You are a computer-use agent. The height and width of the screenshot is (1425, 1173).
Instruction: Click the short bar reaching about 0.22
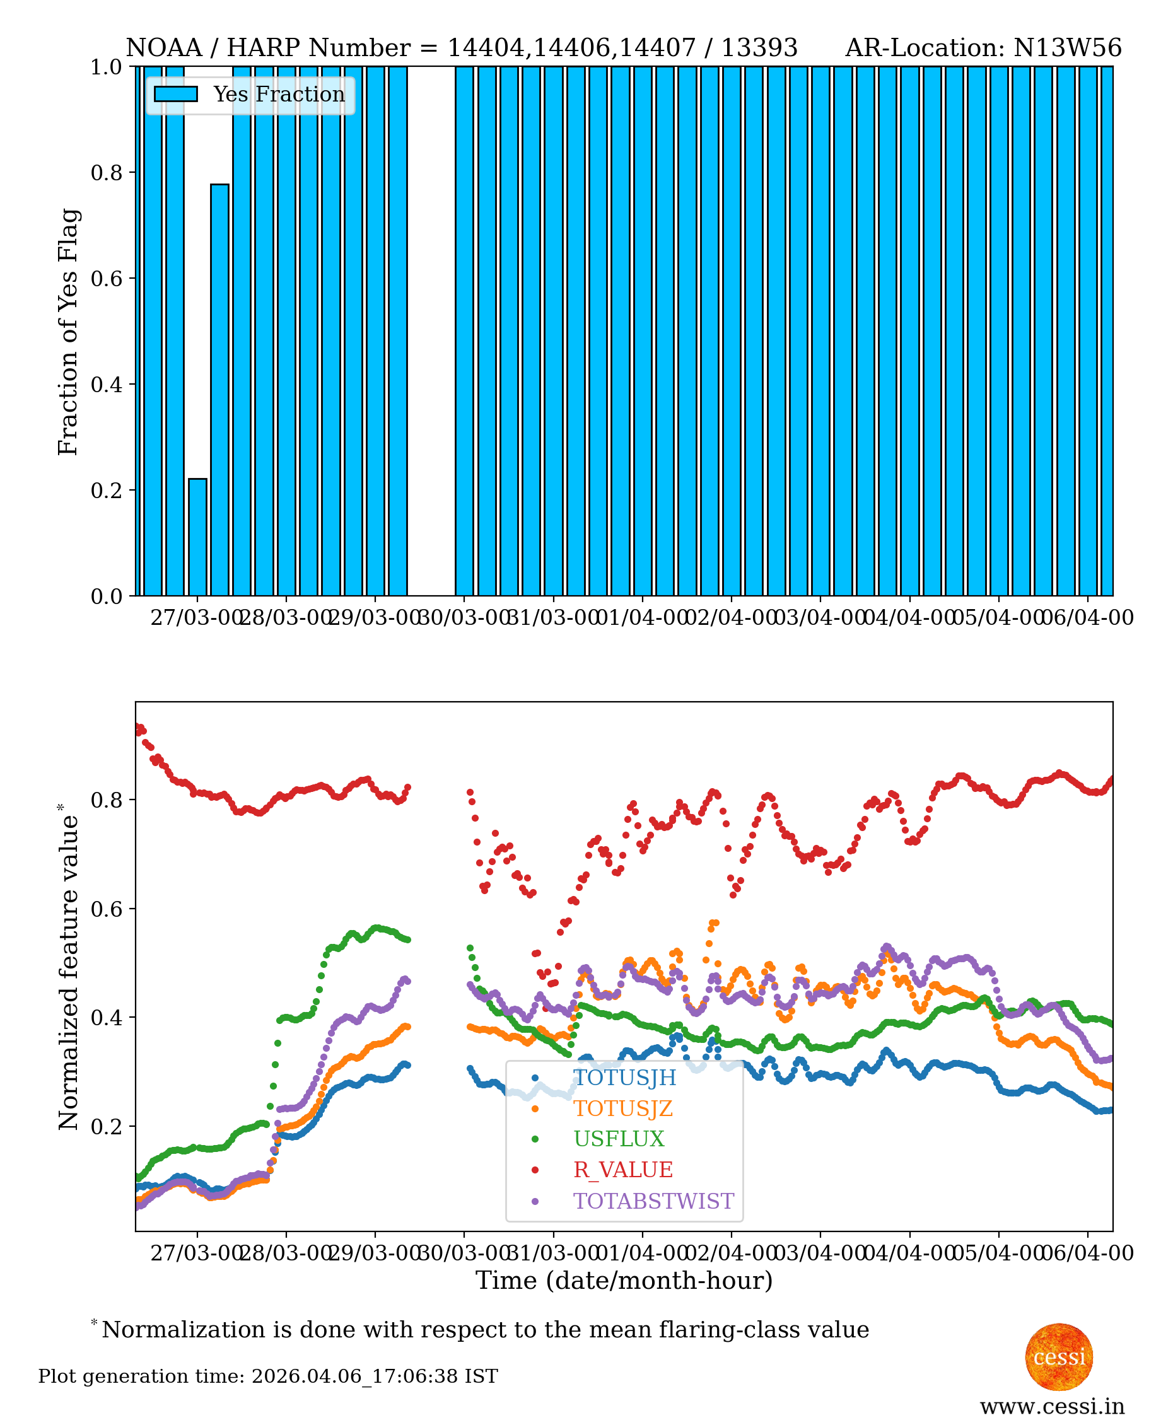[x=197, y=537]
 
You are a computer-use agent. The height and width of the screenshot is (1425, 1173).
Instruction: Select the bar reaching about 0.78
[x=219, y=389]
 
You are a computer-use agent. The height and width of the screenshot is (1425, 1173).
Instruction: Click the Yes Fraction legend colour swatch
[x=176, y=94]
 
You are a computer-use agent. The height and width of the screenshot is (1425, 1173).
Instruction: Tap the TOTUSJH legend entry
[x=624, y=1077]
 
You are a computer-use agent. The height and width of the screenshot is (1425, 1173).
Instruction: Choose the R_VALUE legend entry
[x=622, y=1169]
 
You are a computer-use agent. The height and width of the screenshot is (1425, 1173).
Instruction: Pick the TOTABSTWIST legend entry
[x=653, y=1201]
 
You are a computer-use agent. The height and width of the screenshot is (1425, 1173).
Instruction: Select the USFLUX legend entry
[x=618, y=1139]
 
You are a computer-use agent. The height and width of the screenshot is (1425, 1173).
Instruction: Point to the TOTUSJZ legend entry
[x=622, y=1108]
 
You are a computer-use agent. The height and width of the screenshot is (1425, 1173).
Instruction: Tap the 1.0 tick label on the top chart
[x=107, y=67]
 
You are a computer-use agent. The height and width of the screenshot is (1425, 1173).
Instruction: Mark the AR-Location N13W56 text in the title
[x=983, y=48]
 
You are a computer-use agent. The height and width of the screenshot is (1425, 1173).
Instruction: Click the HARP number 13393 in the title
[x=759, y=48]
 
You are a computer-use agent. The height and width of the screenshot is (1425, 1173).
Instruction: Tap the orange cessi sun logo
[x=1059, y=1356]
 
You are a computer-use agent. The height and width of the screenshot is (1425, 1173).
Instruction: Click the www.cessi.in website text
[x=1052, y=1406]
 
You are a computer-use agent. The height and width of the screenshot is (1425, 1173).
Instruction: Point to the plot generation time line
[x=267, y=1376]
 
